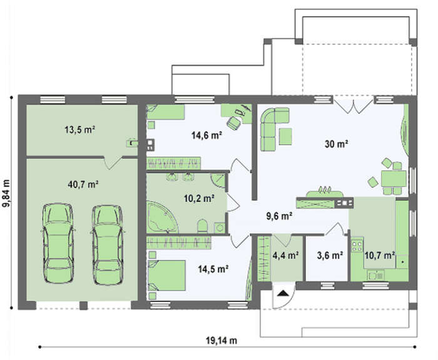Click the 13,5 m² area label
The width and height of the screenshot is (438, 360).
coord(80,130)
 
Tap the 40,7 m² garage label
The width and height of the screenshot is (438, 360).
coord(83,185)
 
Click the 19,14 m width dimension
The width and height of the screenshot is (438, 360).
coord(222,341)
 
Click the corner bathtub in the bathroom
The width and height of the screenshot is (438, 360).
coord(162,217)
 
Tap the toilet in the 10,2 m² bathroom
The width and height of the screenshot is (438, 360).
coord(203,226)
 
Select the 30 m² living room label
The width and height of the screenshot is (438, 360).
coord(337,144)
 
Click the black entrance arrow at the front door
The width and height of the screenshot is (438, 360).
coord(283,293)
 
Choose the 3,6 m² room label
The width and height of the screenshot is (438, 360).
coord(330,255)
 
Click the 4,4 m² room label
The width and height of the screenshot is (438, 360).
coord(285,255)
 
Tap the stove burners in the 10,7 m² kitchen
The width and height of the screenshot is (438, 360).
coord(357,246)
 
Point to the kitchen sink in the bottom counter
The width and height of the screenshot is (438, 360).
coord(375,275)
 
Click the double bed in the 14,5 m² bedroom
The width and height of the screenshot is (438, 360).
coord(167,275)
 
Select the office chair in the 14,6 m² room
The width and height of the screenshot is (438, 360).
coord(234,123)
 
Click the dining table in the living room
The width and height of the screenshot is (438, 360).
coord(394,178)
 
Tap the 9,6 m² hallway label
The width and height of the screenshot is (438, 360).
coord(279,216)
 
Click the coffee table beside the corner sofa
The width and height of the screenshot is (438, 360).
coord(285,136)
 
